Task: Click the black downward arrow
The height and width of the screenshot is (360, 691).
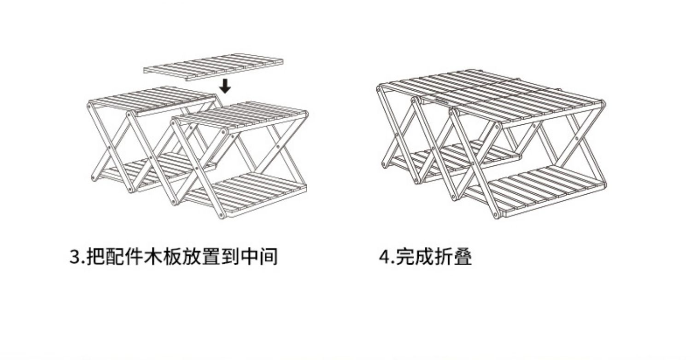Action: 225,86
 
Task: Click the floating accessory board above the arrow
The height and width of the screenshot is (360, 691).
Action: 213,67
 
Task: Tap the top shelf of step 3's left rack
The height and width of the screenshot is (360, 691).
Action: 152,99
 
